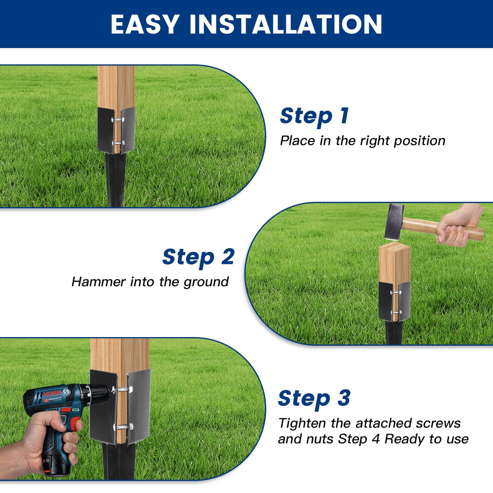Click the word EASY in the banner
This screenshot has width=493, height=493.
pos(145,24)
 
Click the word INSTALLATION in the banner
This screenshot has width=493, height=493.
pos(286,24)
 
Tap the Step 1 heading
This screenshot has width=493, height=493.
pos(314,116)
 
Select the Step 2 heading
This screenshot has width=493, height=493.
pos(198,257)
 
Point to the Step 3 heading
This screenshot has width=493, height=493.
pos(314,398)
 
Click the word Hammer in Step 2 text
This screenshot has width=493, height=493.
pos(98,282)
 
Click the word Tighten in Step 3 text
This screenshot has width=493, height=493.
pos(302,424)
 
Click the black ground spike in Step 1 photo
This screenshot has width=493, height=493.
pos(115,179)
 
